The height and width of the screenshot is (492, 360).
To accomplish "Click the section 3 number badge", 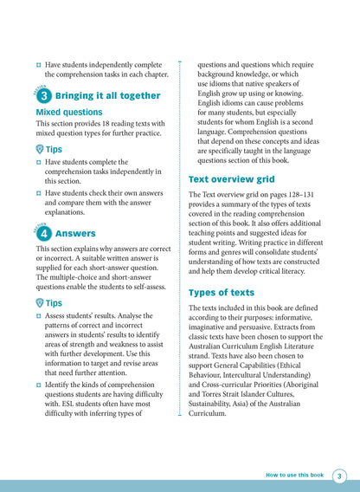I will pyautogui.click(x=43, y=96).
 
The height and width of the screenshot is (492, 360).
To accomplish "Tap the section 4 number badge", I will pyautogui.click(x=43, y=234).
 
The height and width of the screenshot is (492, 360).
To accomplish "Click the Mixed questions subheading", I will pyautogui.click(x=69, y=113).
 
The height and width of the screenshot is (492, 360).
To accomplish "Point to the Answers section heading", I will pyautogui.click(x=75, y=234).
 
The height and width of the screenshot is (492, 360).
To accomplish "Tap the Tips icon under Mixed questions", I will pyautogui.click(x=41, y=149).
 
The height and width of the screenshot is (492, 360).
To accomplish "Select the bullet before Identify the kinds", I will pyautogui.click(x=39, y=383).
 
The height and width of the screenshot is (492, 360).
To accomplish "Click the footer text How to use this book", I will pyautogui.click(x=294, y=476).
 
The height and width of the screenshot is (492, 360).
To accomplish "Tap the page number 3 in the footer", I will pyautogui.click(x=339, y=476).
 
